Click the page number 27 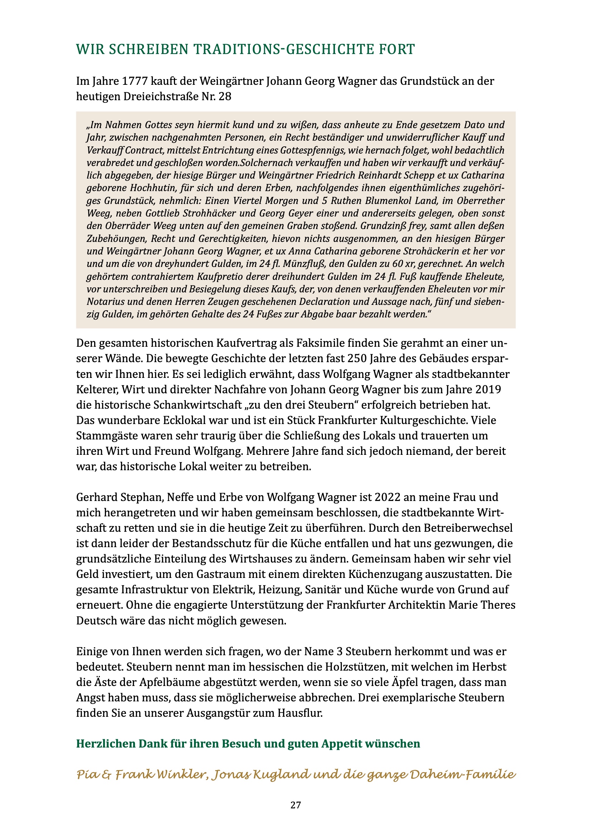(x=296, y=805)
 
